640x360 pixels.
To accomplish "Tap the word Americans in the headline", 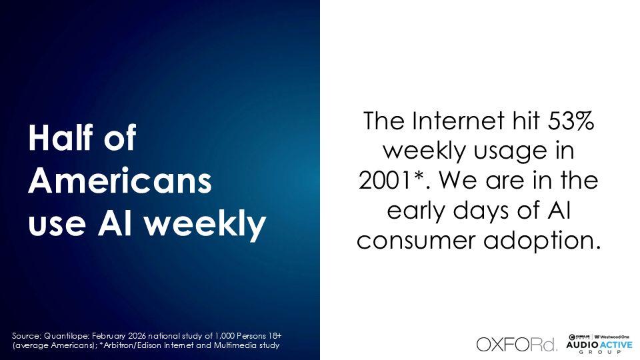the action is pyautogui.click(x=120, y=181).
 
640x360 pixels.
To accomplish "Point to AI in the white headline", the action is pyautogui.click(x=115, y=223).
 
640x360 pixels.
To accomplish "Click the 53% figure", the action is pyautogui.click(x=571, y=121).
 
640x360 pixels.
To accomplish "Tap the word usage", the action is pyautogui.click(x=505, y=152).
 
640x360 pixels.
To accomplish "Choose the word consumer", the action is pyautogui.click(x=416, y=241).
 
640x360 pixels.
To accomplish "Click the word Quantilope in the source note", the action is pyautogui.click(x=67, y=336).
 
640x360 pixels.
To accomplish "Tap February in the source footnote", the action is pyautogui.click(x=109, y=336).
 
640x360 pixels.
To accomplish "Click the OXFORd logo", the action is pyautogui.click(x=516, y=345).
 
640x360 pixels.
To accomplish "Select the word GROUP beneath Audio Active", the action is pyautogui.click(x=599, y=352).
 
